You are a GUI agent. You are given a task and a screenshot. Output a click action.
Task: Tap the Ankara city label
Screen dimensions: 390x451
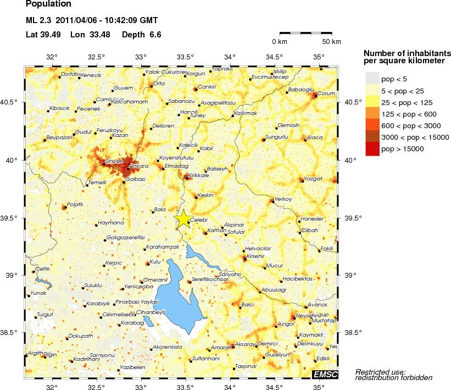(140, 166)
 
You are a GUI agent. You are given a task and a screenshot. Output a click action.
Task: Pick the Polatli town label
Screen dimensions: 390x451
(74, 205)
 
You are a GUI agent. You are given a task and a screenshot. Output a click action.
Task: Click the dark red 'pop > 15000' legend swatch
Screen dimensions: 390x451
(372, 149)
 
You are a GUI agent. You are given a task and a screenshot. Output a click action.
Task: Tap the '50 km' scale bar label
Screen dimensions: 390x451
(331, 42)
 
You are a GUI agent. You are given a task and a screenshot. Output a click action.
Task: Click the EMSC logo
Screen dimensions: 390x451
(325, 375)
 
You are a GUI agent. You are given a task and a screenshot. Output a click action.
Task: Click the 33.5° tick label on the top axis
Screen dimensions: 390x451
(186, 57)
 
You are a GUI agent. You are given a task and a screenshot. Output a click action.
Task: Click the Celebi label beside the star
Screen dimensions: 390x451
(199, 219)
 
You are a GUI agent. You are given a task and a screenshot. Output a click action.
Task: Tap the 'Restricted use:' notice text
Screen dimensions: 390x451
(380, 371)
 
